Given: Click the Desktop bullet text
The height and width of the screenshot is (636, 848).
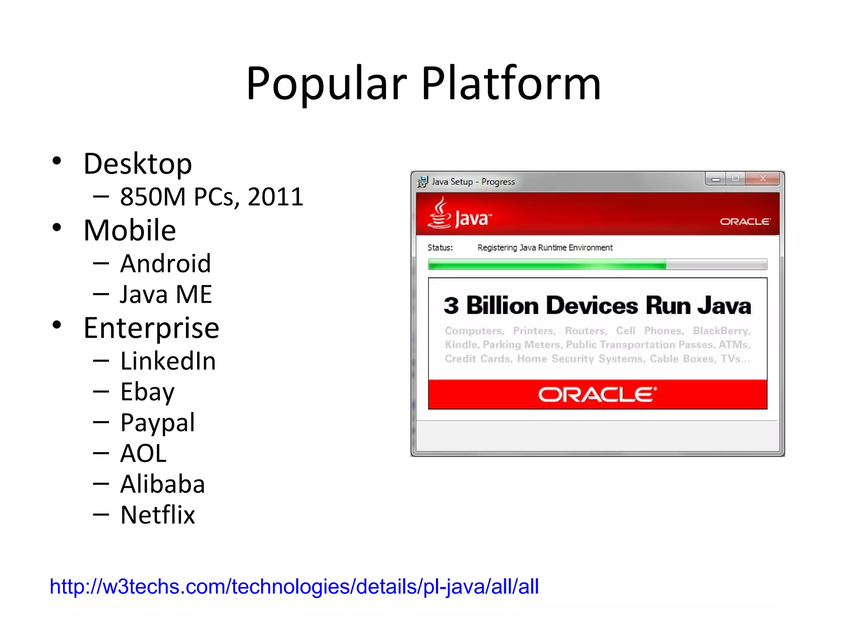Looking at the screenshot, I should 137,164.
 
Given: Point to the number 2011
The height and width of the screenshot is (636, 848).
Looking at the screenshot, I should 275,197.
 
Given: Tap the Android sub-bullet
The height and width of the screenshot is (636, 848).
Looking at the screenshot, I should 166,263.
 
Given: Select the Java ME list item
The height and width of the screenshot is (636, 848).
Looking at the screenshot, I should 166,294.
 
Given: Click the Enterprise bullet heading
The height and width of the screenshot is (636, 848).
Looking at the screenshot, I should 151,328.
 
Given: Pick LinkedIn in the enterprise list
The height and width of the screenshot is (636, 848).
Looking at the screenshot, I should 168,361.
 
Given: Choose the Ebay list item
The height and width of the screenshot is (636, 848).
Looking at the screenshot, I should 147,392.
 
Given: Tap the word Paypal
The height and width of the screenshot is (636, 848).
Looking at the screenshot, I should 157,423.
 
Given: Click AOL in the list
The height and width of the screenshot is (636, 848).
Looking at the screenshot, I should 143,453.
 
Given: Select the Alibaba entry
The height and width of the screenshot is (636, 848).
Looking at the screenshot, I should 162,484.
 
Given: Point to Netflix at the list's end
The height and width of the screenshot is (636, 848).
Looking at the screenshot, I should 157,515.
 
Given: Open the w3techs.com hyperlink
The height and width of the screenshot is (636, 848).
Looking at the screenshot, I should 294,587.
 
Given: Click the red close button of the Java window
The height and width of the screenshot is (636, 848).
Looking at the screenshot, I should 762,178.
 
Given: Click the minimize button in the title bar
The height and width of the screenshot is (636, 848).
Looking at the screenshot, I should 715,179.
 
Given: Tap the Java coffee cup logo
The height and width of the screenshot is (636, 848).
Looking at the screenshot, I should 439,213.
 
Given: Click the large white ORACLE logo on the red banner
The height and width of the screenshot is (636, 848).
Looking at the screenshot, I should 597,395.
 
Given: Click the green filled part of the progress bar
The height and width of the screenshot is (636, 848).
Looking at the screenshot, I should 547,265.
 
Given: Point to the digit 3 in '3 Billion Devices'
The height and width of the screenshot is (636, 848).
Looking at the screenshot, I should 451,306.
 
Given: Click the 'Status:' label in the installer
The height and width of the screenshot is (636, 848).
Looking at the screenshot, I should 440,248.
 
